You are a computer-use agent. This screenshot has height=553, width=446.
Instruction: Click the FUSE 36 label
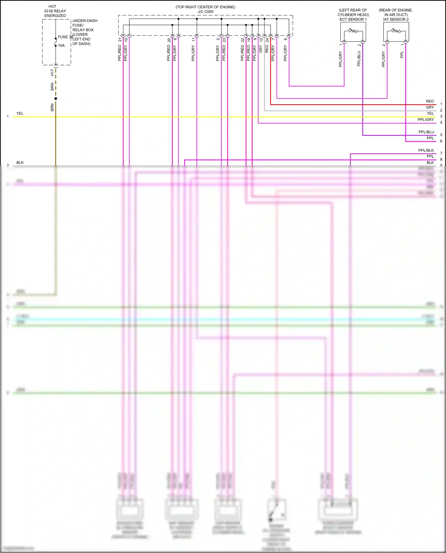tap(65, 37)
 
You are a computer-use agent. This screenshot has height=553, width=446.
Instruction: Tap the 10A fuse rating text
tap(61, 45)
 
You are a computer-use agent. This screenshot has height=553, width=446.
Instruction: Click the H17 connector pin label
tap(52, 72)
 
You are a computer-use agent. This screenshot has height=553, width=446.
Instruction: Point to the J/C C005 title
tap(205, 12)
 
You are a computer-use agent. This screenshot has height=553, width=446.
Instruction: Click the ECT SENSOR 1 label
tap(353, 19)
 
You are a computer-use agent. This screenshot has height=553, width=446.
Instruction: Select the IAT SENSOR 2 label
tap(396, 19)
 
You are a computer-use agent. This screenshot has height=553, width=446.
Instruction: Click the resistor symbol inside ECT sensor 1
tap(353, 31)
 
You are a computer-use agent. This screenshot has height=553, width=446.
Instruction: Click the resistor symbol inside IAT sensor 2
tap(396, 31)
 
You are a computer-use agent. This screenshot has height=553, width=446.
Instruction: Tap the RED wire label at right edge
tap(430, 101)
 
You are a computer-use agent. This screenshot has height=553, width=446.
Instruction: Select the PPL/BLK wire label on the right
tap(426, 150)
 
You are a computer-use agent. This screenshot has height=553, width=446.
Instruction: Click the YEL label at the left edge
tap(20, 114)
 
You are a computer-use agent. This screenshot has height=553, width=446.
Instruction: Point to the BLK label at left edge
tap(20, 163)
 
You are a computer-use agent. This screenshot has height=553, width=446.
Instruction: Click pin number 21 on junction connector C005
tap(120, 40)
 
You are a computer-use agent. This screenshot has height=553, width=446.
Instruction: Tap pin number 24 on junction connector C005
tap(267, 40)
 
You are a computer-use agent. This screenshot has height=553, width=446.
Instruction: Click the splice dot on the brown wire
tap(56, 98)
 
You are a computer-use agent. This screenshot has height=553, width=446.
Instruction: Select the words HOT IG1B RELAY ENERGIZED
tap(55, 11)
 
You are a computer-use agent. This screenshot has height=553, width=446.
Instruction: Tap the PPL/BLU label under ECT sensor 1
tap(359, 59)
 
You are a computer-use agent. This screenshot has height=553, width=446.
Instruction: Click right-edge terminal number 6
tap(441, 141)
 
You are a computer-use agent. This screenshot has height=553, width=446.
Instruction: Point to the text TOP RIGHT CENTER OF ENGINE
tap(205, 7)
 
